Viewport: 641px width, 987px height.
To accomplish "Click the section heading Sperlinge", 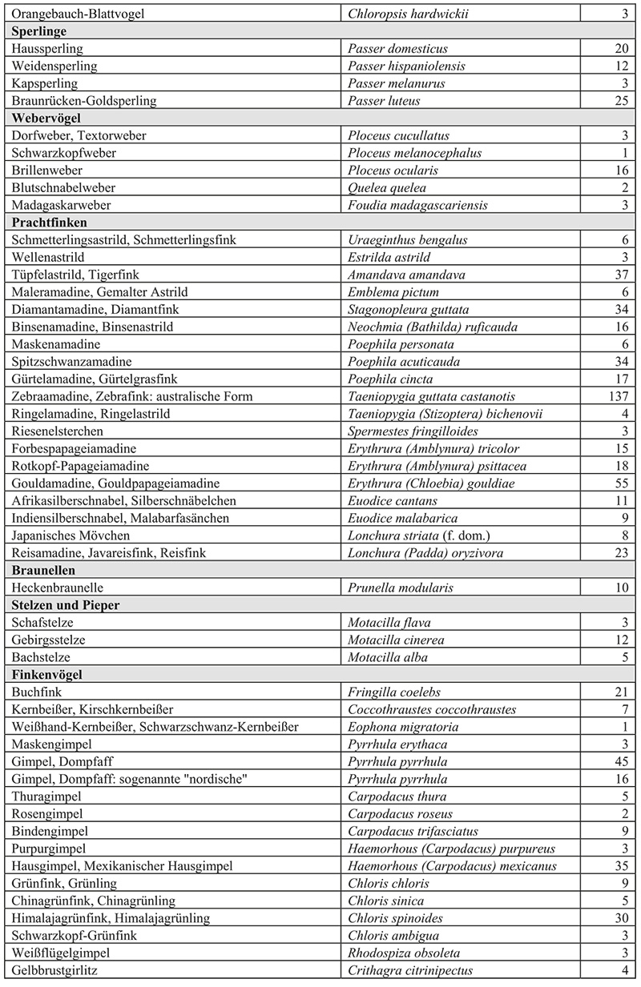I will [x=39, y=31].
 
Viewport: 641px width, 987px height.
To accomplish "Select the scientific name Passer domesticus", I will [x=397, y=49].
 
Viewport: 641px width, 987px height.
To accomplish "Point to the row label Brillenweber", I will [x=47, y=171].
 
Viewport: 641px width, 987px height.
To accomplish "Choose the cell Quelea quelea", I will [x=388, y=187].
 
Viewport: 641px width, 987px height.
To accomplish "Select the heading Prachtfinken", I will [x=49, y=223].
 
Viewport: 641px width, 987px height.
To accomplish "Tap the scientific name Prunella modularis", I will [x=401, y=588].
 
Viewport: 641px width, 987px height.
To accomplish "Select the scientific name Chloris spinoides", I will [x=395, y=918].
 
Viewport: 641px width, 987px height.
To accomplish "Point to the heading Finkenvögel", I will [x=48, y=675].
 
